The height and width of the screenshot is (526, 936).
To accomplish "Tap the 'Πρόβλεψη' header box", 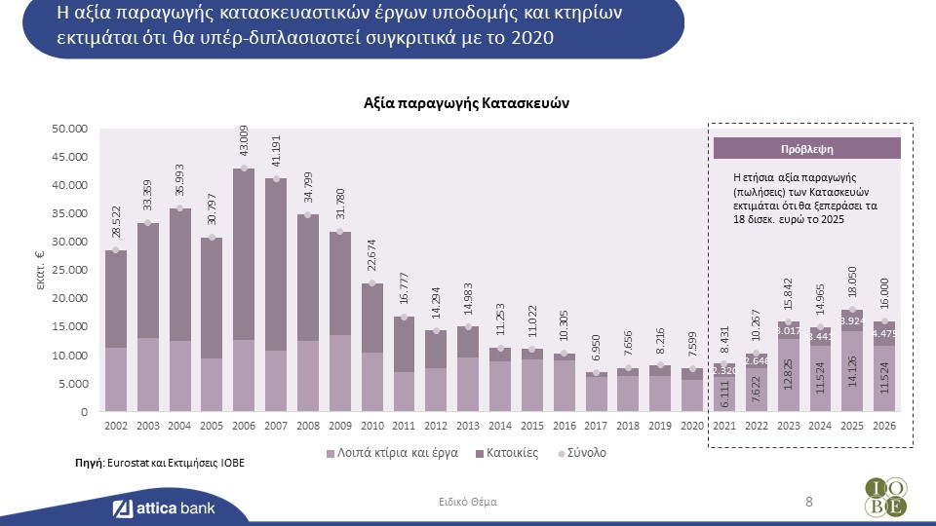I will (807, 149).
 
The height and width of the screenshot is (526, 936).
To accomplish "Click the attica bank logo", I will (163, 507).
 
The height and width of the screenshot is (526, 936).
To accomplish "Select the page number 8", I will (808, 502).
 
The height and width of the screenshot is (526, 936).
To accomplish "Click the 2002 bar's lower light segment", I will (116, 380).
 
